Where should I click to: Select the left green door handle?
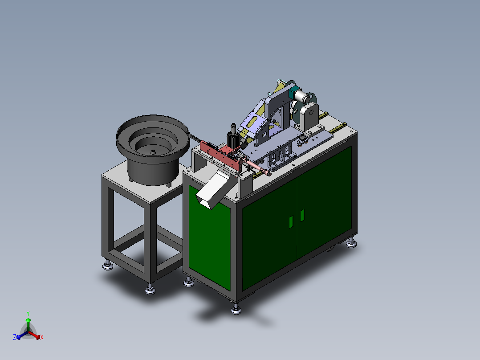291,221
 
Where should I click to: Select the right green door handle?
302,215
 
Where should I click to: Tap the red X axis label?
42,338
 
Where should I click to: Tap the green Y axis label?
28,313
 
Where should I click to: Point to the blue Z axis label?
15,337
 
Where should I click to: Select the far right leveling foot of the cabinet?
352,242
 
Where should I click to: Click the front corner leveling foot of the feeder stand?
151,290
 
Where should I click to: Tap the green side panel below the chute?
208,241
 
